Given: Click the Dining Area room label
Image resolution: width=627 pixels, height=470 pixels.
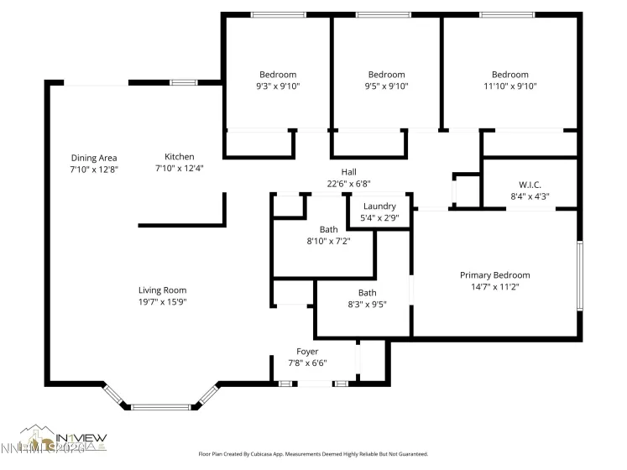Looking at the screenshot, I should click(x=93, y=158).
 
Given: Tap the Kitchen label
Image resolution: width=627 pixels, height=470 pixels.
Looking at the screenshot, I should click(x=179, y=157).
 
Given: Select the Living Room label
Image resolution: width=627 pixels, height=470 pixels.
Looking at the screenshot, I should click(x=162, y=290).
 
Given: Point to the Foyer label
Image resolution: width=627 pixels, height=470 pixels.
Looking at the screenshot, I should click(x=307, y=352).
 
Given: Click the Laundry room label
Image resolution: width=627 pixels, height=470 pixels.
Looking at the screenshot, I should click(x=379, y=206).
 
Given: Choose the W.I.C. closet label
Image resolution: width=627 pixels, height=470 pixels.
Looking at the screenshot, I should click(x=529, y=185).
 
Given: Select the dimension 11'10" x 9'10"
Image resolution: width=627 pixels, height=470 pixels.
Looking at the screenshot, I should click(x=509, y=86).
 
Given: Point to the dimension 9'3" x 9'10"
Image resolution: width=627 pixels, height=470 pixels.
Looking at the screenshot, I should click(x=277, y=86).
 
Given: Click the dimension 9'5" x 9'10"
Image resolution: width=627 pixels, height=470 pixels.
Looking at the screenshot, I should click(x=386, y=86).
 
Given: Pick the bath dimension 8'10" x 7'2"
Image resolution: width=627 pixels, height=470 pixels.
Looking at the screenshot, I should click(x=328, y=241).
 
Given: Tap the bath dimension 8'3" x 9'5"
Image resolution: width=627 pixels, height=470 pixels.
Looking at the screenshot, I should click(x=367, y=305).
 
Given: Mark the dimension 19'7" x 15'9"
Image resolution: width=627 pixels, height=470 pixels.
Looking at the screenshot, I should click(x=162, y=302).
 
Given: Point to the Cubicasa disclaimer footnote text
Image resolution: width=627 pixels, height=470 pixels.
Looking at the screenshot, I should click(x=312, y=454).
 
